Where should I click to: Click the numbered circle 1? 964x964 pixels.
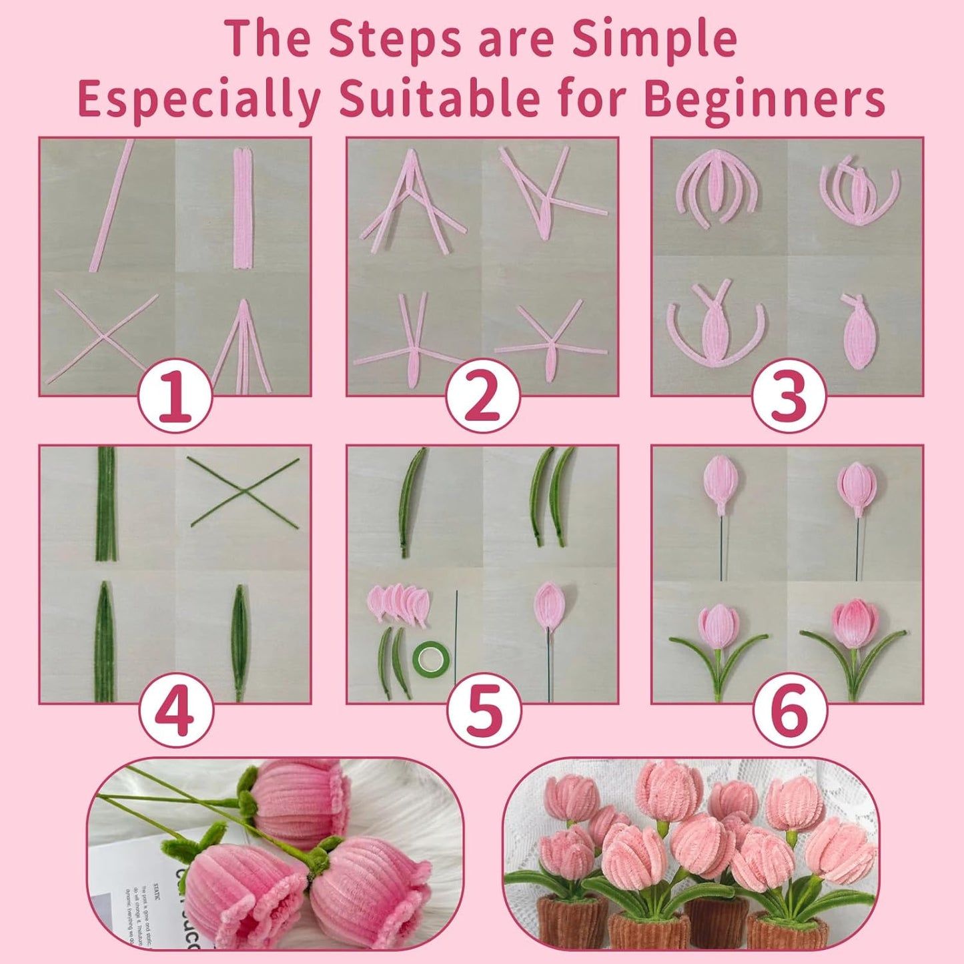(175, 396)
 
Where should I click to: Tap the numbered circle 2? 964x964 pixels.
(482, 396)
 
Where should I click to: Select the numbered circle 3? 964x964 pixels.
(789, 396)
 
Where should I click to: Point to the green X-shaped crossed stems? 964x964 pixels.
(244, 492)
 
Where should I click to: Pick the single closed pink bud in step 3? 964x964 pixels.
(859, 334)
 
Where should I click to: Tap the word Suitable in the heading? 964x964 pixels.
(440, 99)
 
